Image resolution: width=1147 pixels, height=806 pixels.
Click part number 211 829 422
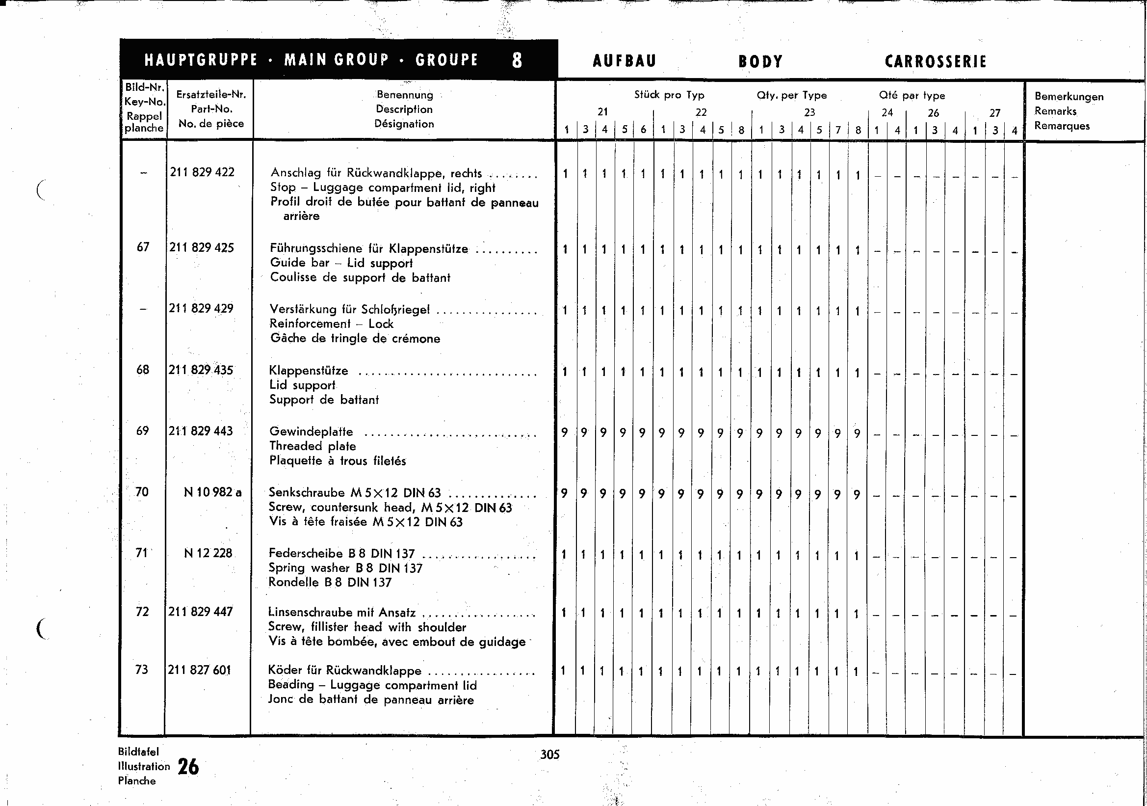click(202, 172)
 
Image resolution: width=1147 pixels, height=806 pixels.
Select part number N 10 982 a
click(212, 492)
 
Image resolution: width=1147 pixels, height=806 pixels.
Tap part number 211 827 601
click(199, 670)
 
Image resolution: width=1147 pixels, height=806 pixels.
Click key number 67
click(143, 247)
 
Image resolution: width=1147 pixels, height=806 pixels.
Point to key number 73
click(142, 670)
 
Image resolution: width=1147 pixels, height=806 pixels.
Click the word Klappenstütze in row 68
click(308, 371)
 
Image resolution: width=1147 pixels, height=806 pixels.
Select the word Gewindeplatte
click(311, 432)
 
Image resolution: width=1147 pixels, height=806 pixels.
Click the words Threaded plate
click(312, 446)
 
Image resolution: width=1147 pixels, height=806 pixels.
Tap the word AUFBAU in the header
click(624, 61)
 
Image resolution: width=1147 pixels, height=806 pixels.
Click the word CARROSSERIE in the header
click(935, 62)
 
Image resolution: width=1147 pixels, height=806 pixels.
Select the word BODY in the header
click(760, 62)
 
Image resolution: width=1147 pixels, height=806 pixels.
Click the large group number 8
click(517, 60)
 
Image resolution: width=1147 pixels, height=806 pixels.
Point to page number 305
click(549, 754)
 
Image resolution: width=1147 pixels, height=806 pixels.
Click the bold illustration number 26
click(188, 767)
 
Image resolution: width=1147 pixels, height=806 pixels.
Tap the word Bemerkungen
click(1069, 96)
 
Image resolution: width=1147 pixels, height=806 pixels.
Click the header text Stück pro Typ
click(669, 95)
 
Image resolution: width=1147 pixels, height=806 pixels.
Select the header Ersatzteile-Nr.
click(211, 94)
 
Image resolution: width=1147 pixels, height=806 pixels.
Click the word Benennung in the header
click(405, 94)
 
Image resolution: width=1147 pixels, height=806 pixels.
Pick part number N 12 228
click(208, 553)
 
